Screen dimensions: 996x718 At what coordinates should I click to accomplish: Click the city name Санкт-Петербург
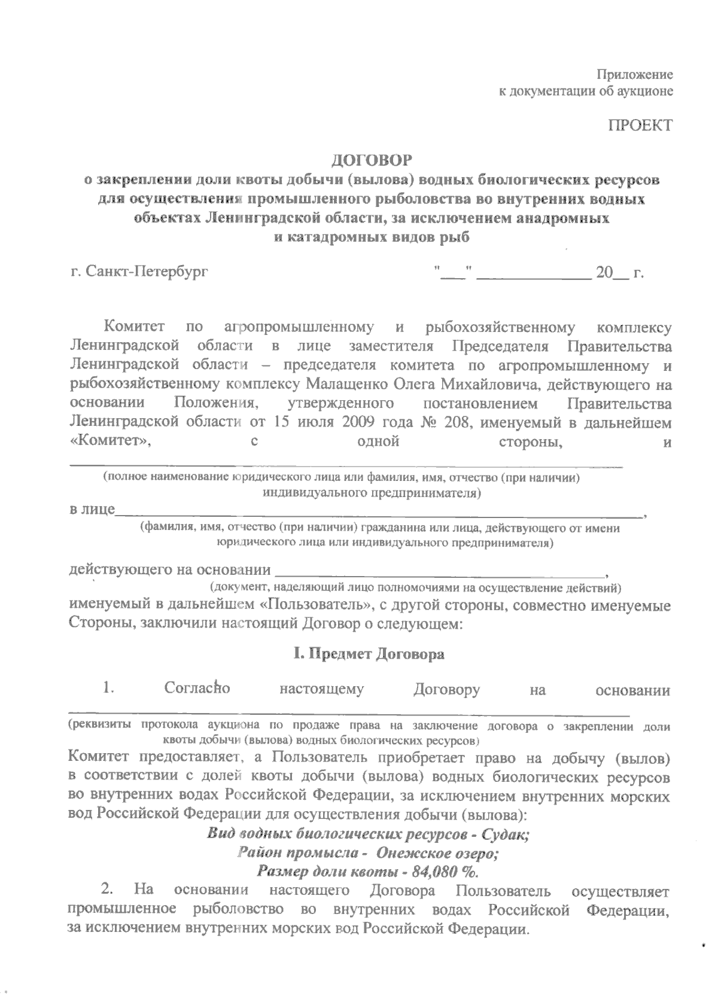tap(147, 273)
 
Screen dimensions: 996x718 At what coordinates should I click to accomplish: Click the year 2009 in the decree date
tap(360, 422)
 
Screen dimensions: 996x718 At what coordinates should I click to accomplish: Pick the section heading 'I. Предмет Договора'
tap(368, 654)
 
